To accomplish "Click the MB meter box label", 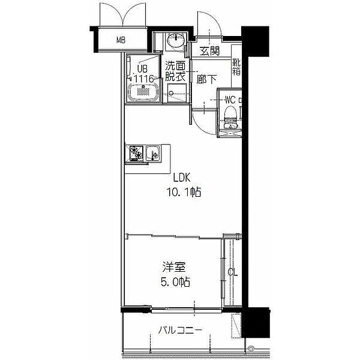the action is click(121, 40).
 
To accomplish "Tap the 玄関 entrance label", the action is click(209, 51).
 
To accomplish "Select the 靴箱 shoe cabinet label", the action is click(236, 67).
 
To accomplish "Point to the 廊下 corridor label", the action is click(206, 79).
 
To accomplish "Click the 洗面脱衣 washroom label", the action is click(175, 71).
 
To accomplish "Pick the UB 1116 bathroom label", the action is click(143, 74).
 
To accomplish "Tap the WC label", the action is click(230, 100).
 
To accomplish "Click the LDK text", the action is click(182, 178).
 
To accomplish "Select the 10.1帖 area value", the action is click(184, 192).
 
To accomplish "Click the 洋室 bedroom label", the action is click(174, 267).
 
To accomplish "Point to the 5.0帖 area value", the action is click(175, 282).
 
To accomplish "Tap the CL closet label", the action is click(233, 272).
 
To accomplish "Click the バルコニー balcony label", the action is click(180, 331).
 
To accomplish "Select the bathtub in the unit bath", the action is click(143, 92).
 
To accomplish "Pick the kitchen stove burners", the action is click(136, 152).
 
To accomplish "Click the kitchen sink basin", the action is click(153, 153).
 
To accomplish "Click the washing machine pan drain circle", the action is click(171, 93).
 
